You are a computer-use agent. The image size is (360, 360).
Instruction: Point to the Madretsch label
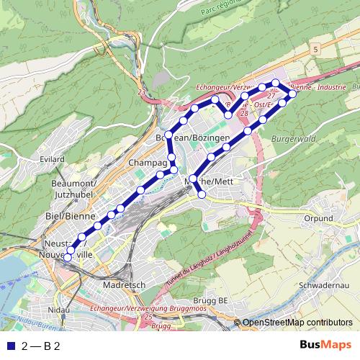pos(125,284)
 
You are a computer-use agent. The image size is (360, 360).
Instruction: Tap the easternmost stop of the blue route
pos(292,94)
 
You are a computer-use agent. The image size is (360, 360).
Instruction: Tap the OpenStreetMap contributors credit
pos(297,323)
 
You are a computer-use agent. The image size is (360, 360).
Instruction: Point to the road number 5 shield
pos(315,48)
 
